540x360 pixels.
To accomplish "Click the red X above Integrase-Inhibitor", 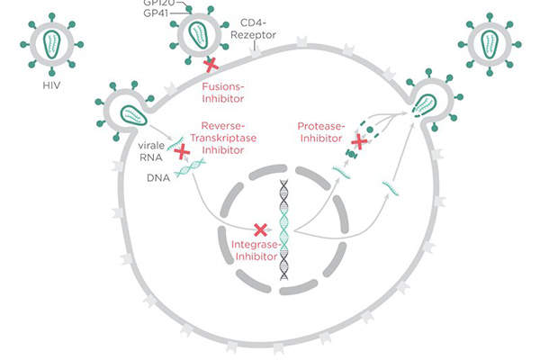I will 262,229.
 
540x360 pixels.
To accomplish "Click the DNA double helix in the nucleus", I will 283,229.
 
